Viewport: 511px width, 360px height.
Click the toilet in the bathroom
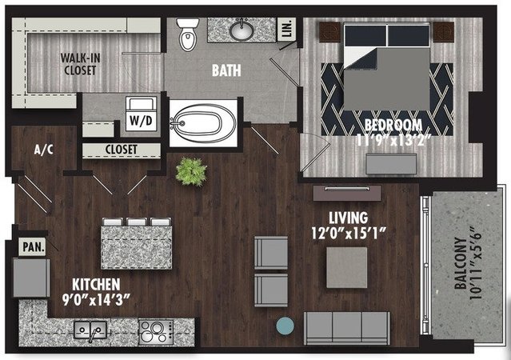[x=188, y=34]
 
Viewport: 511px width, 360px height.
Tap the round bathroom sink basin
[x=242, y=30]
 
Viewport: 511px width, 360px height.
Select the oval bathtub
[x=204, y=123]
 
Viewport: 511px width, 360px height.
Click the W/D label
[x=141, y=121]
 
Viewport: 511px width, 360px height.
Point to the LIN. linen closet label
[x=287, y=30]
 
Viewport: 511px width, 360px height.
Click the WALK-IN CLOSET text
[x=80, y=64]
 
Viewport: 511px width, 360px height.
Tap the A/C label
[x=44, y=150]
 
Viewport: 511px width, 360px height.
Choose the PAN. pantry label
[x=34, y=247]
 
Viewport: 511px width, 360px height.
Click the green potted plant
[x=191, y=171]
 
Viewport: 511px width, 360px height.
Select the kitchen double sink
[x=90, y=330]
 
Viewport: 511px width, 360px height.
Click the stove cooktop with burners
[x=156, y=332]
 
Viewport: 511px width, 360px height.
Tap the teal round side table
[x=285, y=326]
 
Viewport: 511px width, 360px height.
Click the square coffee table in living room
[x=347, y=267]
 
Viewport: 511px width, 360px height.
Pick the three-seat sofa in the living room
[x=347, y=328]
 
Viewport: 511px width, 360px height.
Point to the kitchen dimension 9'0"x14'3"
[x=96, y=300]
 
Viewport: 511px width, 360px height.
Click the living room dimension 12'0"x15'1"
[x=349, y=233]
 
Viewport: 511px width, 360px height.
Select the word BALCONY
[x=461, y=263]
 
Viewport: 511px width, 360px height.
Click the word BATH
[x=226, y=70]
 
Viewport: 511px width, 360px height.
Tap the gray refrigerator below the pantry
[x=31, y=278]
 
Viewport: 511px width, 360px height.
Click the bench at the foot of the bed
[x=391, y=164]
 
